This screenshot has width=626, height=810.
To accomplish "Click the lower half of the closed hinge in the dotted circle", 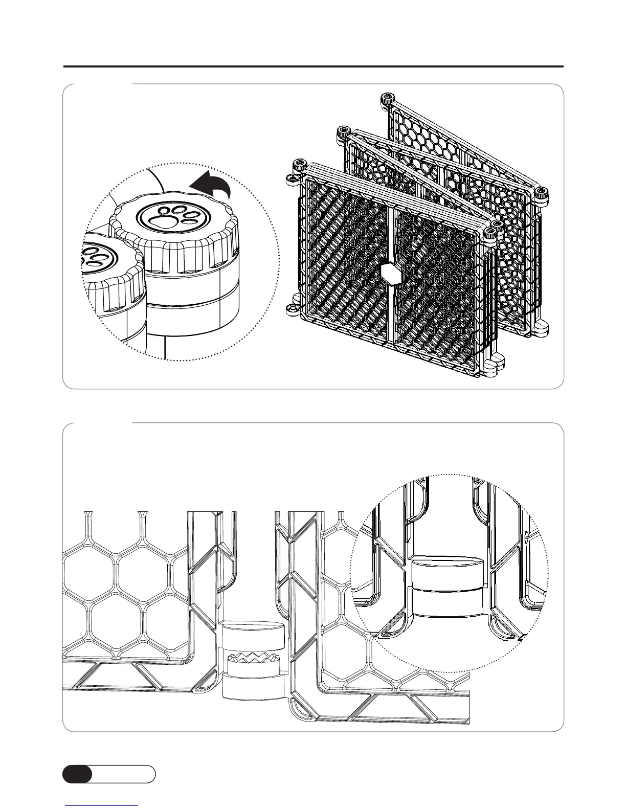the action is click(447, 602).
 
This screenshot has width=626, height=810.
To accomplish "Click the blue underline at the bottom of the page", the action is click(101, 805).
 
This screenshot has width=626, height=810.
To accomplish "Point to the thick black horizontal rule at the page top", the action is click(313, 66).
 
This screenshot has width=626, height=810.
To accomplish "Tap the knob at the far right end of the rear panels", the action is click(542, 193).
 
